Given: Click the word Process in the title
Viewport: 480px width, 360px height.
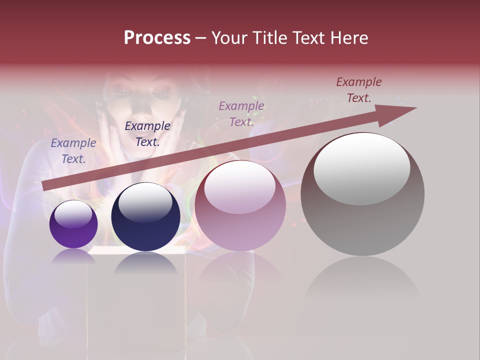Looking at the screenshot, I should pos(157,38).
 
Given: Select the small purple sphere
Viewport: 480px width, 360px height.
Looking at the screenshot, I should pos(73,224).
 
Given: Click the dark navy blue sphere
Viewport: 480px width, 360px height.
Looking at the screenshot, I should pos(145,217).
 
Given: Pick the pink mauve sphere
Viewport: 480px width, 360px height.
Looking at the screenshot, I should pos(240,206).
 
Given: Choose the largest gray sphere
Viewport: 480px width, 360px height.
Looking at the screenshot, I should pos(362,195).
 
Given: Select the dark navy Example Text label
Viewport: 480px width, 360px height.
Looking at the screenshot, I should pos(147,134).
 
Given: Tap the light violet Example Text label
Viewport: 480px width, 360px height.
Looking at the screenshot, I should pos(241,113).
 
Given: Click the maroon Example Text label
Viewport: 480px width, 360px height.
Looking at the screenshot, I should pos(359,90).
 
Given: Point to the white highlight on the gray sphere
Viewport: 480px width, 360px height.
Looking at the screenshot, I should pos(362,168).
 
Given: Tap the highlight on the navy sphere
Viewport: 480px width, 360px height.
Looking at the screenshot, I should pos(145,202).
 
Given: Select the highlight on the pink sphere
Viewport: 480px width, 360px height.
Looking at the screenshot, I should pos(240,187).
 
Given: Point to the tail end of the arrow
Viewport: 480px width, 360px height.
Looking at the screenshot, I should pos(45,186).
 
